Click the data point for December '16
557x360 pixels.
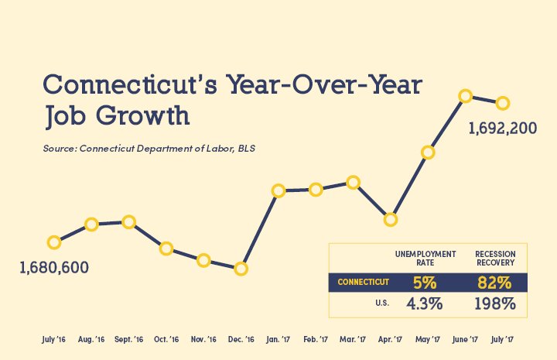[241, 269]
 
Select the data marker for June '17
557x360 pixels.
[466, 96]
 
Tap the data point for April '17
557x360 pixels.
[391, 219]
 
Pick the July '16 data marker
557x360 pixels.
[54, 242]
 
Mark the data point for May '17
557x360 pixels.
[428, 153]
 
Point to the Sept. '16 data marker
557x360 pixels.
[128, 222]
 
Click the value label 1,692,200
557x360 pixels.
[503, 129]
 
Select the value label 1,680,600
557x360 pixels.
[54, 268]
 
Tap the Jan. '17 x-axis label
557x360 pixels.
[278, 339]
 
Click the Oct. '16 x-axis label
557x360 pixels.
[166, 339]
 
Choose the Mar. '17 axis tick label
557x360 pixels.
[353, 339]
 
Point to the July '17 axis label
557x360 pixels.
[502, 339]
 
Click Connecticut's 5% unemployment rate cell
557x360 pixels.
[425, 282]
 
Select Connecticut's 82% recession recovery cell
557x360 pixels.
[496, 282]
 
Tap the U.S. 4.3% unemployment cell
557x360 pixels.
[425, 303]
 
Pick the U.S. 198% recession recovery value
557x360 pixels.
[496, 303]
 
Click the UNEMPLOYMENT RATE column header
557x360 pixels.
[425, 258]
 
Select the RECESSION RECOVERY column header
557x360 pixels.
[496, 258]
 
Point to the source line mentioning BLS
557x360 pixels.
[149, 147]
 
